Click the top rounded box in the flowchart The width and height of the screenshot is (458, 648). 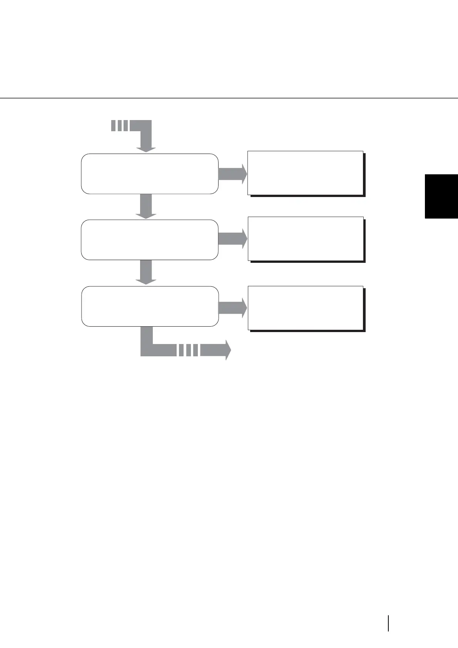[150, 174]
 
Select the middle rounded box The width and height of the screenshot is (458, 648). [150, 240]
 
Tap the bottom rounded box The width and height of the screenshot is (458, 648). [150, 306]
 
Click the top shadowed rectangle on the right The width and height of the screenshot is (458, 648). [305, 173]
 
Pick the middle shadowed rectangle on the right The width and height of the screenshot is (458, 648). [306, 239]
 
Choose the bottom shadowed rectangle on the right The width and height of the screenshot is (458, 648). [306, 308]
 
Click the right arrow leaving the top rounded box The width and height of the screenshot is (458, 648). [232, 174]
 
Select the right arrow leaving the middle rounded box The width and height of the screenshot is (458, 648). [232, 239]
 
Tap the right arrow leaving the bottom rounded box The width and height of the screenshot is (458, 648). [232, 308]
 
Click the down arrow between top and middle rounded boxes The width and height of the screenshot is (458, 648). [146, 206]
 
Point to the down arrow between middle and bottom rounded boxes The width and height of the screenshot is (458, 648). [146, 272]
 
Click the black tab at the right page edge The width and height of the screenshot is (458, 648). [441, 196]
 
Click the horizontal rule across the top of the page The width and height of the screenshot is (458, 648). [229, 98]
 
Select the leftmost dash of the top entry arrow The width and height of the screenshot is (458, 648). [113, 125]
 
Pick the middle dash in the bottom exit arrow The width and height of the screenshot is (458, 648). [188, 350]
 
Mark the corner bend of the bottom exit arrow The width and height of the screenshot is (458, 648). [147, 349]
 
